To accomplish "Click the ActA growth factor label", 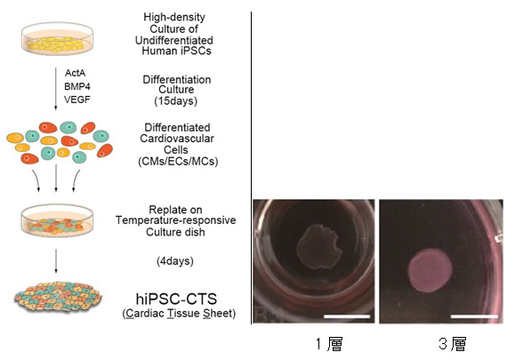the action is click(x=75, y=73).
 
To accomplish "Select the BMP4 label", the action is click(x=77, y=86).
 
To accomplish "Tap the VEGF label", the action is click(x=77, y=100).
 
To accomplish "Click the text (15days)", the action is click(x=175, y=101).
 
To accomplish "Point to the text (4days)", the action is click(x=175, y=260).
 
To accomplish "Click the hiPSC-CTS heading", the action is click(x=176, y=299).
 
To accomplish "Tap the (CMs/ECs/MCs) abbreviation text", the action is click(x=178, y=161).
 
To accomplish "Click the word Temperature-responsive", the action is click(x=175, y=220).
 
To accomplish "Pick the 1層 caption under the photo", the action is click(x=329, y=344).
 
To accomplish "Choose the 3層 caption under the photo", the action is click(x=453, y=344).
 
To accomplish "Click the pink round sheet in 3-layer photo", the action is click(x=430, y=271).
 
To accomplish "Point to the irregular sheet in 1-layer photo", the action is click(x=318, y=247).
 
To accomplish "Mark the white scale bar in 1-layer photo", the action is click(x=347, y=316).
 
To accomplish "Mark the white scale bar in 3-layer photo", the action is click(x=474, y=316).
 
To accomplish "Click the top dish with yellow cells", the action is click(x=57, y=38).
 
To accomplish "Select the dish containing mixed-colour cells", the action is click(x=57, y=220).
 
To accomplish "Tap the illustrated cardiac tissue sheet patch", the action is click(x=58, y=297).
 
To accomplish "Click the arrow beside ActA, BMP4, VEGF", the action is click(x=56, y=89).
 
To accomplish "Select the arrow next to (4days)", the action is click(x=56, y=261).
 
